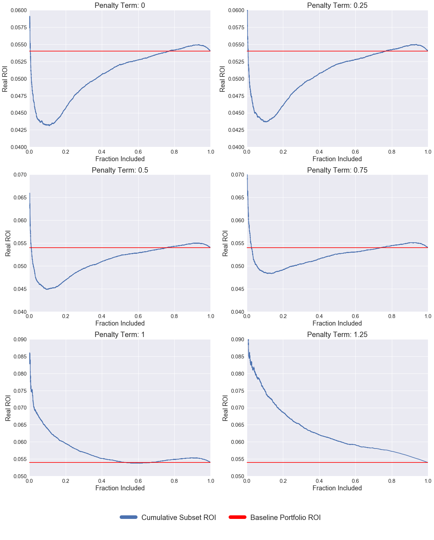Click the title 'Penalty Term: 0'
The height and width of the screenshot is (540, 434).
(120, 5)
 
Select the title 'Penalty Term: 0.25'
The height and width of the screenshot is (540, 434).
(337, 5)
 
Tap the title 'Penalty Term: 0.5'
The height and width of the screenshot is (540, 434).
(120, 170)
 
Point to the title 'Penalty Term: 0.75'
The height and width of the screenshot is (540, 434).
(337, 170)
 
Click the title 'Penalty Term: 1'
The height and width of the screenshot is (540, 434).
(120, 335)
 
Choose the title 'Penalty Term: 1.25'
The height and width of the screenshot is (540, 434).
(337, 335)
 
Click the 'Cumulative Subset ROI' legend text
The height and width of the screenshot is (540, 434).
(179, 517)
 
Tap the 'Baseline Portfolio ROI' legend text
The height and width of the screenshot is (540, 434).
(285, 517)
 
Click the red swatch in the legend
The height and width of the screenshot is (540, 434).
(237, 517)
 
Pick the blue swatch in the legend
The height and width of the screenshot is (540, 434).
(129, 517)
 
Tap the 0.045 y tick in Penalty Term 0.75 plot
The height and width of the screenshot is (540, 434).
(238, 289)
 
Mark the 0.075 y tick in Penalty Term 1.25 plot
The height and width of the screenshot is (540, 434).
(238, 391)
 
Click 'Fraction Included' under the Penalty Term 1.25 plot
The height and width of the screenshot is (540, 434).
(337, 488)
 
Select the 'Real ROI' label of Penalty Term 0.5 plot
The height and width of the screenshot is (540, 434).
(8, 243)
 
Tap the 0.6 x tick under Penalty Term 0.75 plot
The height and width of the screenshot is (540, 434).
(355, 316)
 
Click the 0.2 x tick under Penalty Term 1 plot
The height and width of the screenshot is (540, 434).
(66, 481)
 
